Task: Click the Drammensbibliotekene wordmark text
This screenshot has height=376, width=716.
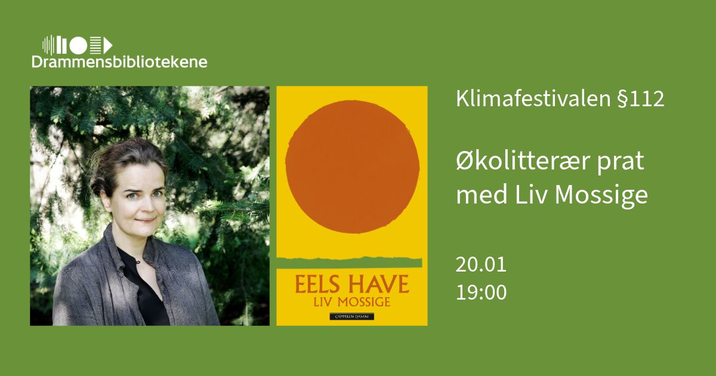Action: pos(119,61)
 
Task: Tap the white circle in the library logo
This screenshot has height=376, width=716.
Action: pos(78,45)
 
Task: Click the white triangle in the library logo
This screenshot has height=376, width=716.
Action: pos(108,45)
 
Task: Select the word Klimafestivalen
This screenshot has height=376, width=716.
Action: pos(533,98)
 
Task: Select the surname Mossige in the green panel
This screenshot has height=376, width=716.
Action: pos(601,195)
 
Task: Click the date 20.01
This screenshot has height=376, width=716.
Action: pos(481,264)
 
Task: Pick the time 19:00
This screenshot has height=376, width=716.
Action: pos(481,292)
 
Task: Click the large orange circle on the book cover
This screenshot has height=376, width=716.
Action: pos(352,167)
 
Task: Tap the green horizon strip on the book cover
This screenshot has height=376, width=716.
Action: pos(350,263)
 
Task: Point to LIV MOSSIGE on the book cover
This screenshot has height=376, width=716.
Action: pos(352,302)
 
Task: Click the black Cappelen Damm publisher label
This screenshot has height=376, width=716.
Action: pos(352,316)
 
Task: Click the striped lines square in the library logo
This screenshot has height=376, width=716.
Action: pos(95,45)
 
